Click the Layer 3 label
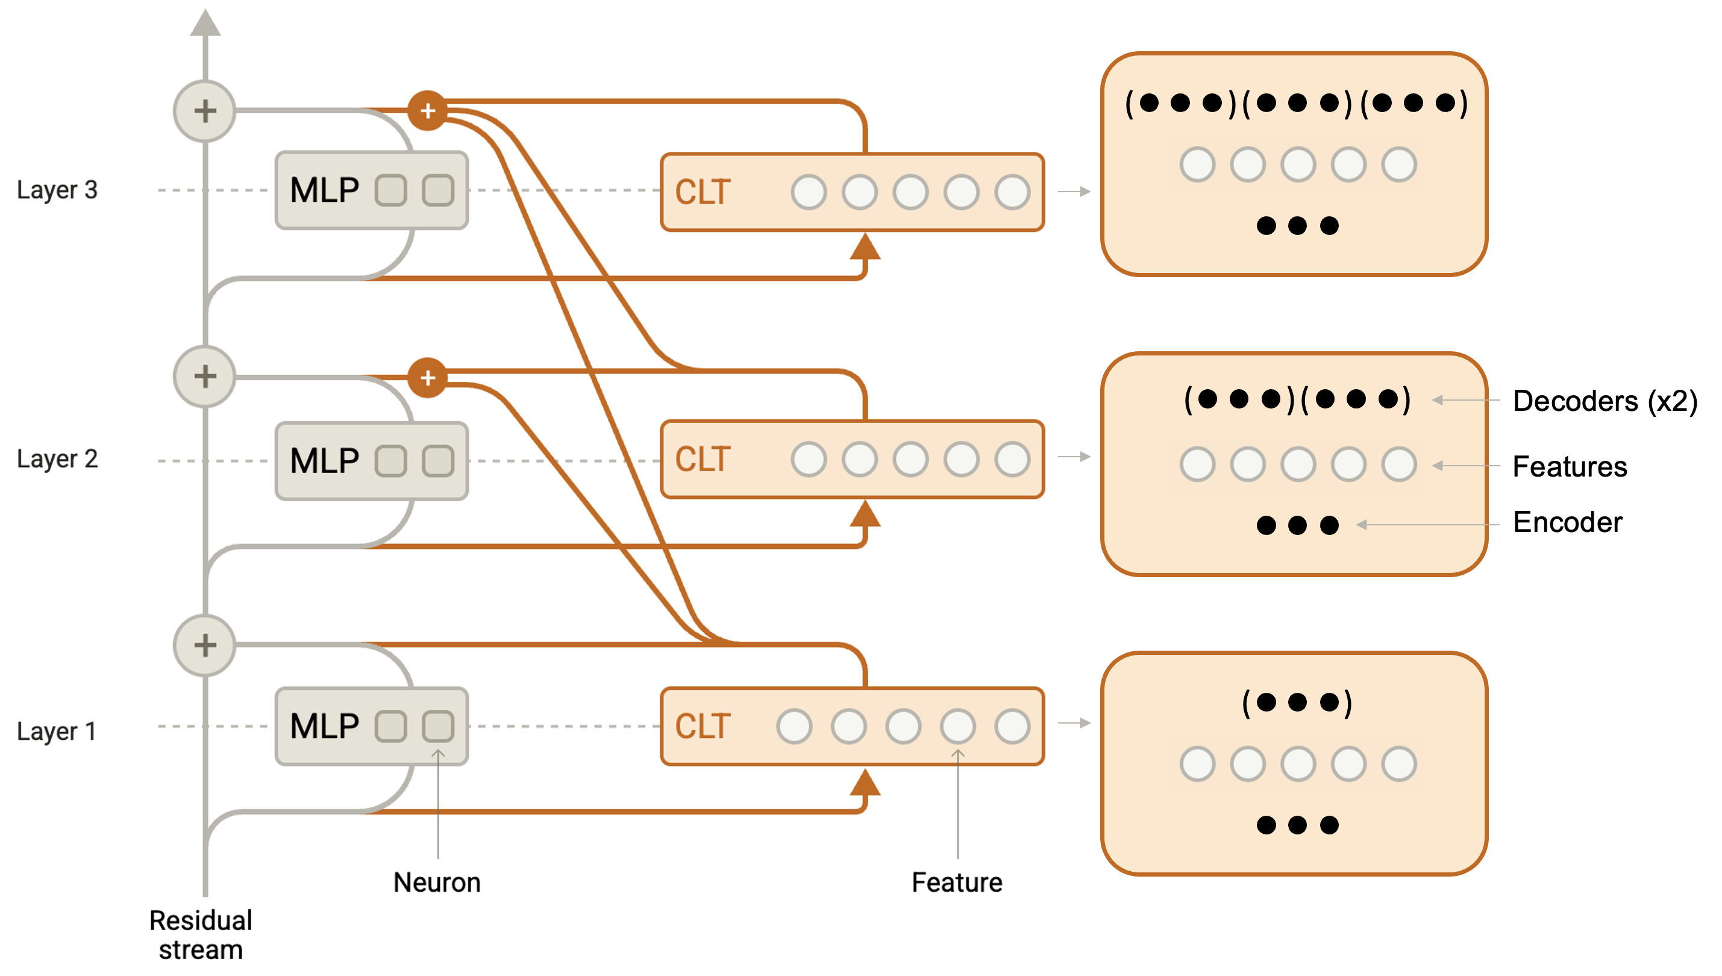57,190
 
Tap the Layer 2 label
57,459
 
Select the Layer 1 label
56,731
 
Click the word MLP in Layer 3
324,190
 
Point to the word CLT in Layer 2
703,459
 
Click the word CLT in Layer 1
703,726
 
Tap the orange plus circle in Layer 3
428,111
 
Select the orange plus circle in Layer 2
428,377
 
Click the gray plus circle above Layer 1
205,645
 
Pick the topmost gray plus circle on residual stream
205,111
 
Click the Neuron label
437,882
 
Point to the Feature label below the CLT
957,882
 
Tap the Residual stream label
201,935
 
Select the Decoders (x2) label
1605,401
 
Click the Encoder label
1567,522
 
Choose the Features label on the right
1569,466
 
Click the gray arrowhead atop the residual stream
205,23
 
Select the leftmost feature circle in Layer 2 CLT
809,459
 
